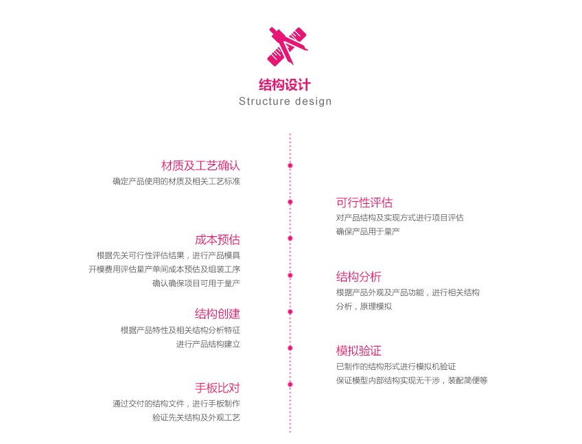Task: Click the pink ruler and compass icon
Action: click(x=287, y=47)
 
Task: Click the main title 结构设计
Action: click(x=285, y=85)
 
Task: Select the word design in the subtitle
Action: click(x=313, y=102)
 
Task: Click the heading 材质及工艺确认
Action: click(x=200, y=165)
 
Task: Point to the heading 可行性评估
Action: click(x=364, y=202)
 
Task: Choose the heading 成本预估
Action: click(x=218, y=239)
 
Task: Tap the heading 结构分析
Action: click(x=359, y=277)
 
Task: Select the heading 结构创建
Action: click(x=218, y=314)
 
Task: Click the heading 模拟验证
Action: click(x=359, y=351)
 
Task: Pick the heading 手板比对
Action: click(x=218, y=388)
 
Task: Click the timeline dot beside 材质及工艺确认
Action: click(x=290, y=165)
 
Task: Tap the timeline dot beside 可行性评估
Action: click(x=290, y=202)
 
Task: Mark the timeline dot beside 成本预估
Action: click(x=290, y=238)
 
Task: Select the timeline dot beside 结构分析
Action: click(x=290, y=275)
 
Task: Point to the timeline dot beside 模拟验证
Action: click(x=290, y=348)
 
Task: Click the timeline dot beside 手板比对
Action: click(x=290, y=384)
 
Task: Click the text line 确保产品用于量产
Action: click(x=368, y=232)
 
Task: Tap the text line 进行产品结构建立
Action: click(x=208, y=344)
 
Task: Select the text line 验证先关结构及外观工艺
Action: click(x=196, y=418)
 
